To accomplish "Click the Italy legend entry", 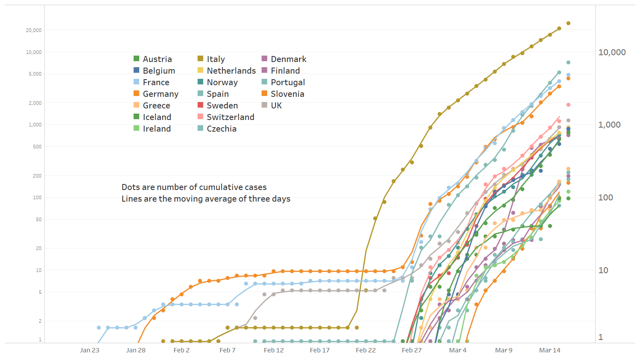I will pos(216,59).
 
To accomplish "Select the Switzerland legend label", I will pos(230,117).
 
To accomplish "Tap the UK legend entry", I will pos(276,106).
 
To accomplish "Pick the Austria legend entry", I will pos(157,59).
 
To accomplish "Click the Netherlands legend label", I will pos(231,71).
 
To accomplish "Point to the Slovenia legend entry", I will pos(287,94).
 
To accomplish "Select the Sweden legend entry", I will pos(222,106).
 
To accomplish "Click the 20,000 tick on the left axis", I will pos(34,30).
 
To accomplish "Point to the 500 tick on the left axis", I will pos(37,147).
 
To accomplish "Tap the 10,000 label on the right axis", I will pos(612,52).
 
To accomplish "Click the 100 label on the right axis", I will pos(606,198).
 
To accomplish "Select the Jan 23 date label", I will pos(90,350).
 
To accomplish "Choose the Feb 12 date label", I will pos(274,350).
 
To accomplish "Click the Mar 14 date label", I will pos(550,350).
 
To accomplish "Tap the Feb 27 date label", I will pos(412,350).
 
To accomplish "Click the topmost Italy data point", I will pos(568,23).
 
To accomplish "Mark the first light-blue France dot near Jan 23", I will pos(99,328).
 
